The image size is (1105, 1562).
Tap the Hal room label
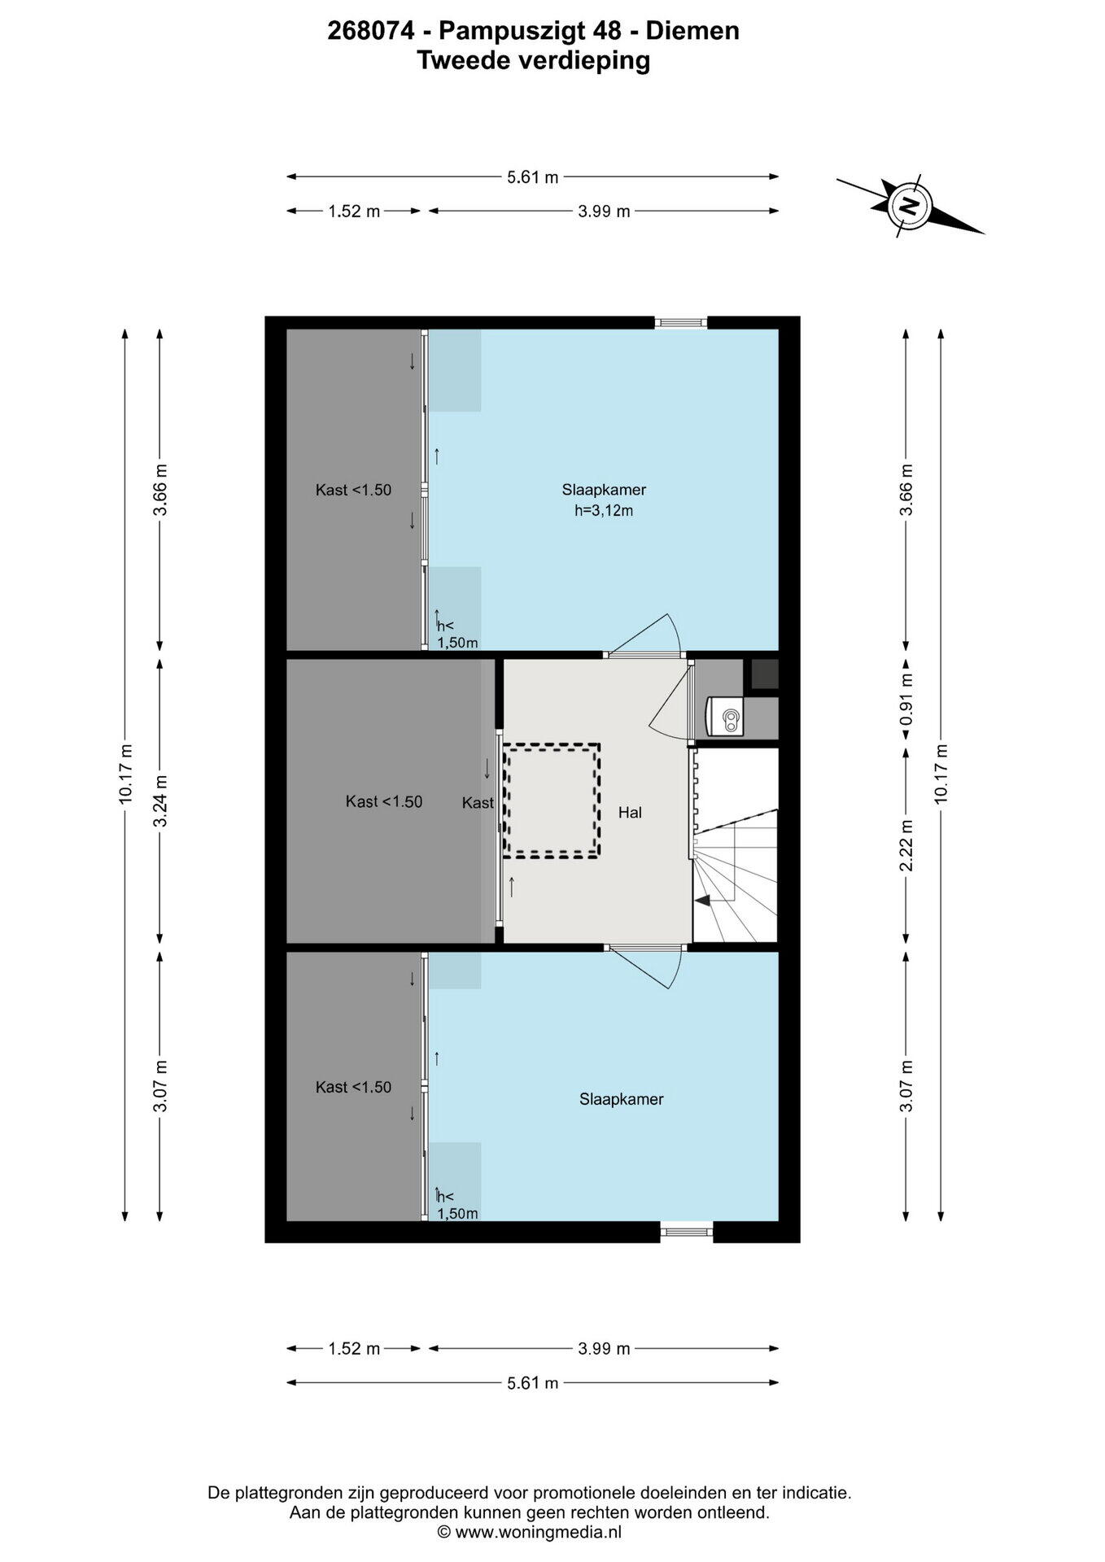pyautogui.click(x=630, y=812)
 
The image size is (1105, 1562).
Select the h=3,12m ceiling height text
pyautogui.click(x=604, y=511)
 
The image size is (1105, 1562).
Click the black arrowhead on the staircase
pyautogui.click(x=701, y=900)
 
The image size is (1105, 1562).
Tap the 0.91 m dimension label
pyautogui.click(x=906, y=699)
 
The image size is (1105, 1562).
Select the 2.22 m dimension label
pyautogui.click(x=906, y=845)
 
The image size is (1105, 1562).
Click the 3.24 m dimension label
pyautogui.click(x=161, y=801)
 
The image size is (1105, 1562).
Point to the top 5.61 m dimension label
pyautogui.click(x=533, y=177)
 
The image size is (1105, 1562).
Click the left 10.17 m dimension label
pyautogui.click(x=126, y=774)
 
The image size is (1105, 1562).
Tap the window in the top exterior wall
pyautogui.click(x=681, y=323)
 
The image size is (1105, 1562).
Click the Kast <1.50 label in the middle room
pyautogui.click(x=384, y=801)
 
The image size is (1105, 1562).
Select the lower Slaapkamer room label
pyautogui.click(x=622, y=1099)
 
